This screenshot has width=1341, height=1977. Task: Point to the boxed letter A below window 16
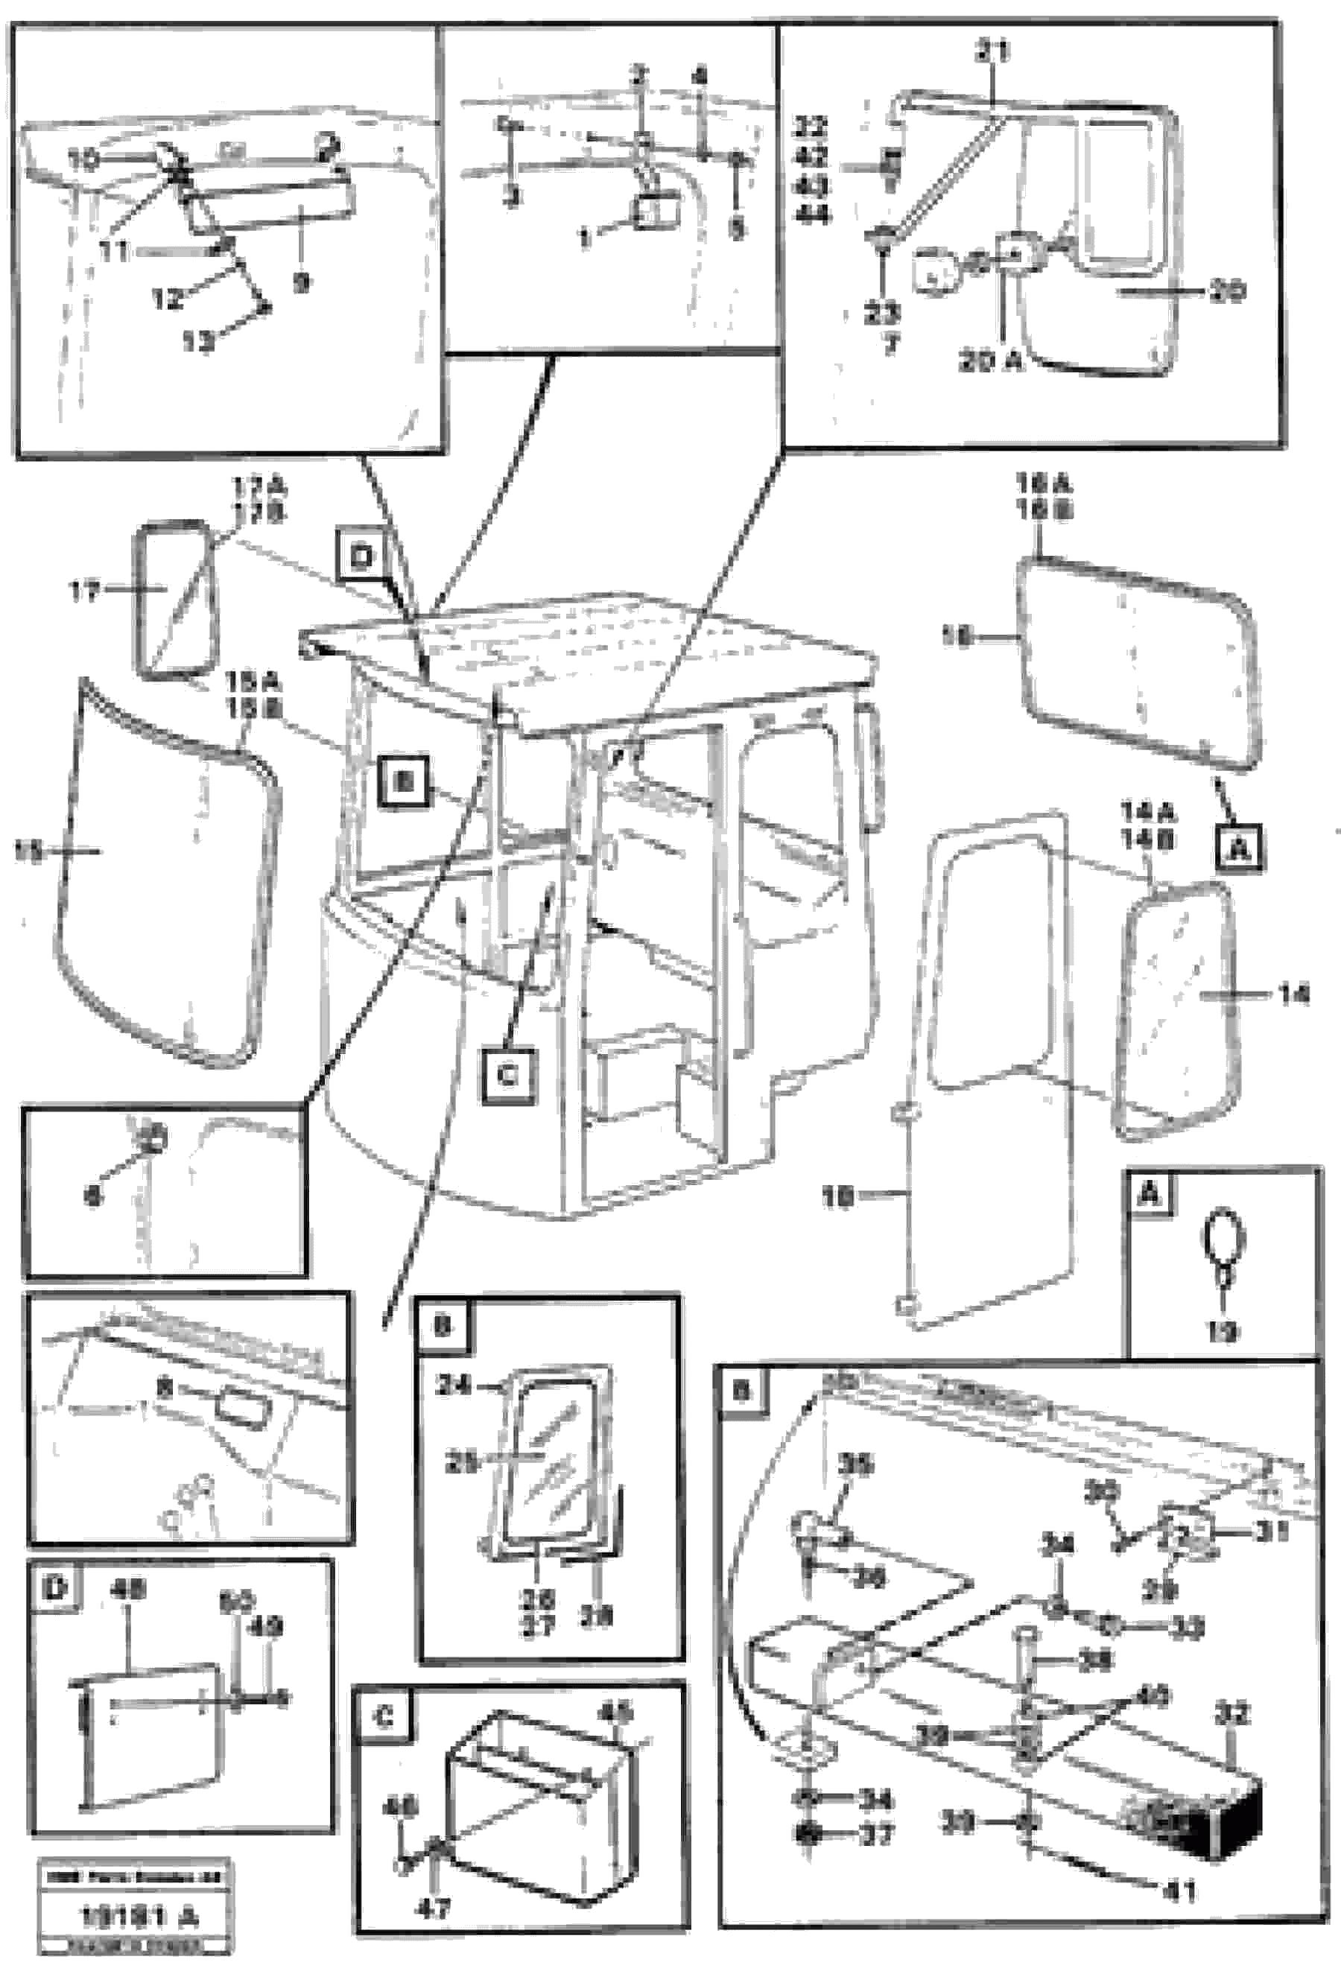[1240, 846]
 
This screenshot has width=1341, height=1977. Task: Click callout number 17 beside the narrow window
[84, 591]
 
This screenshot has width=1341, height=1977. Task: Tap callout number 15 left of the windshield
[29, 851]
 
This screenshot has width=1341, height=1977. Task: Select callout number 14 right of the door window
[1293, 994]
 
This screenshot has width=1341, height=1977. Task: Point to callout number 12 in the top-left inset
[167, 299]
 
